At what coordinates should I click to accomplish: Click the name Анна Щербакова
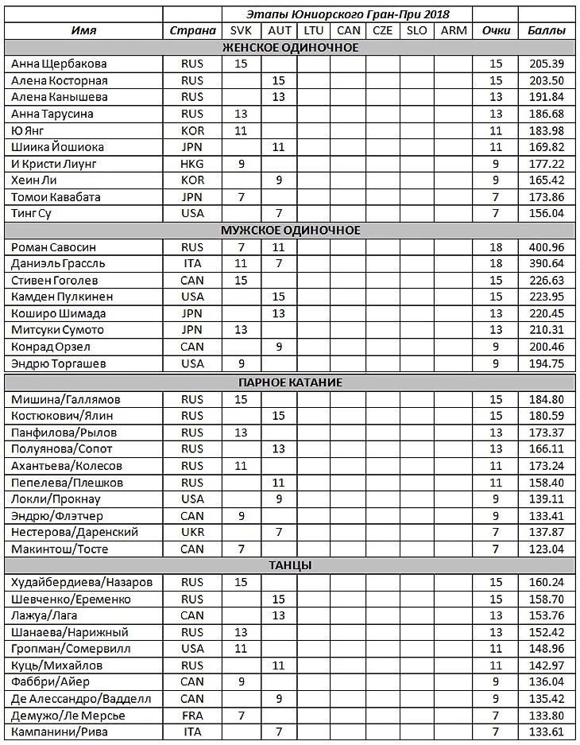pos(59,64)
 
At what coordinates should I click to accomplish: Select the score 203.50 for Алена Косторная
pos(546,80)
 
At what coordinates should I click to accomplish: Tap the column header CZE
pos(382,31)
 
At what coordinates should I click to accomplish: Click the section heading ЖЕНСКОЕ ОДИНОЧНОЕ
pos(290,48)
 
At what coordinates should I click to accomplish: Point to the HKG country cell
pos(192,164)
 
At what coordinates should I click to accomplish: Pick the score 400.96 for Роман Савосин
pos(546,246)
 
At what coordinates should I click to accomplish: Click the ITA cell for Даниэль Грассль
pos(192,263)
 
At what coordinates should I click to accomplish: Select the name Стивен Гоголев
pos(53,280)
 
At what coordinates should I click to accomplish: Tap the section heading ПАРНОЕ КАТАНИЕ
pos(290,382)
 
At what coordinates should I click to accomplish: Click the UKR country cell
pos(192,532)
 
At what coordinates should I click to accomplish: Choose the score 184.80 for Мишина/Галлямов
pos(546,399)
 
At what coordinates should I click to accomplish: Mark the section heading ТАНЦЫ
pos(290,565)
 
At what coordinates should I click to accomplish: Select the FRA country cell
pos(192,716)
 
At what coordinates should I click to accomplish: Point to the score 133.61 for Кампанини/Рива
pos(546,732)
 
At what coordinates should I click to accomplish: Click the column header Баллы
pos(547,31)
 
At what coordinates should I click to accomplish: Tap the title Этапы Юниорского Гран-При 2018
pos(346,14)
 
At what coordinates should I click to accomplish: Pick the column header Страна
pos(192,31)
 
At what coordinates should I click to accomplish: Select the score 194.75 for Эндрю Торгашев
pos(546,363)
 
